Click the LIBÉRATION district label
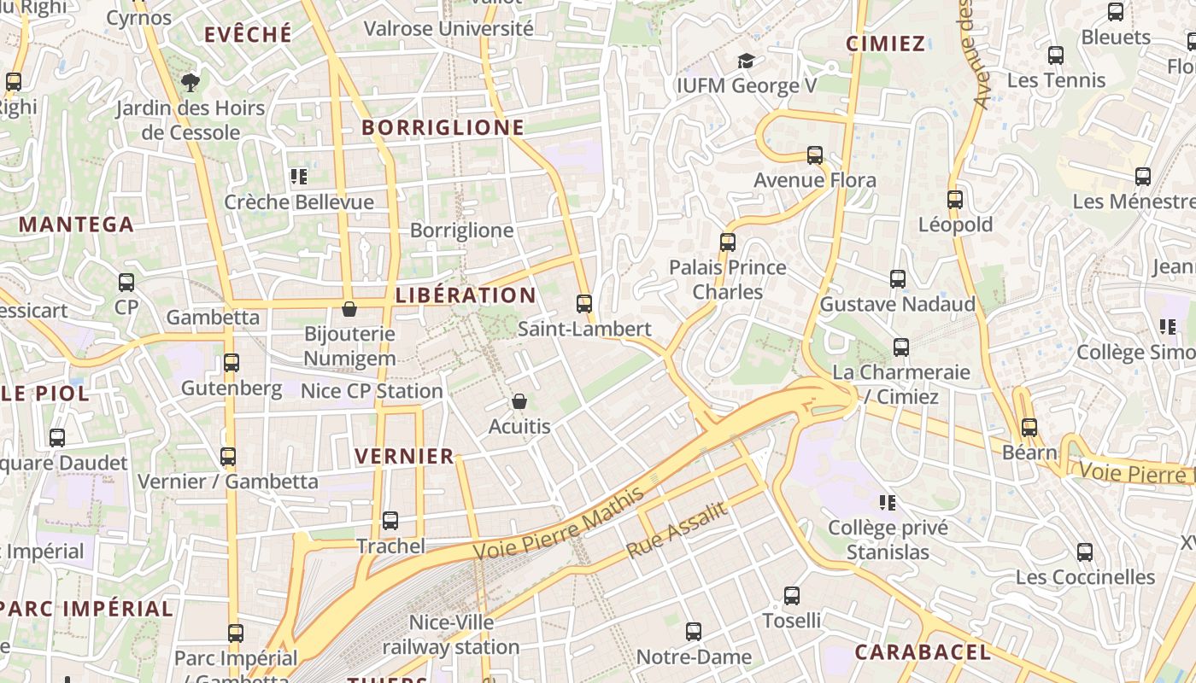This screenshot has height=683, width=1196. pos(466,295)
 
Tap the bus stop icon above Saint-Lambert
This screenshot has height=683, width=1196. pos(584,304)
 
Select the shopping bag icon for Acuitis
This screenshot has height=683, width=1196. pos(519,401)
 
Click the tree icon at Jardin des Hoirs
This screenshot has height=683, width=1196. pos(190,83)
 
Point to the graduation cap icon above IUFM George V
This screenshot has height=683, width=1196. pos(746,61)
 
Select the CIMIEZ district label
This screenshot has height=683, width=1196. pos(885,44)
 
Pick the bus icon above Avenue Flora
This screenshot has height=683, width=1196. pos(815,155)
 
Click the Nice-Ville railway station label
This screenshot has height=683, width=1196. pos(451,634)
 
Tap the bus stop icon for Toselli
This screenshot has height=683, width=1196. pos(792,596)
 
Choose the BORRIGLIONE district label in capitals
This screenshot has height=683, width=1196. pos(443,127)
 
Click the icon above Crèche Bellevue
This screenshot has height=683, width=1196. pos(298,177)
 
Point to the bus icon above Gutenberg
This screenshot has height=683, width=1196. pos(231,363)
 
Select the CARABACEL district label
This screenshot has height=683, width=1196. pos(923,652)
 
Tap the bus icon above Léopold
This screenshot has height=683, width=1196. pos(955,200)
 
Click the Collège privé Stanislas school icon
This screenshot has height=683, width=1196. pos(888,502)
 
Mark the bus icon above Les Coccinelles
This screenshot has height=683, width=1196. pos(1085,552)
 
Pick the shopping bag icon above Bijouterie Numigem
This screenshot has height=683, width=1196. pos(349,308)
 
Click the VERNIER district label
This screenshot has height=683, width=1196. pos(404,456)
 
